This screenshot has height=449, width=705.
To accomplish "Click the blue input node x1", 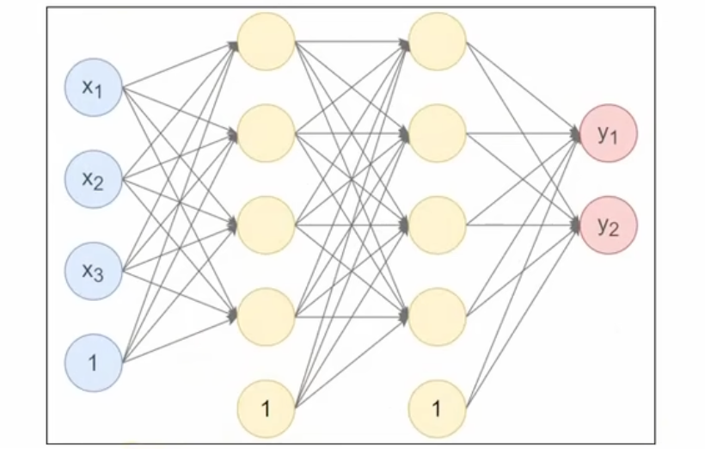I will pos(94,87).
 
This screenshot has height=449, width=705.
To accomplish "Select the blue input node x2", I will pos(94,179).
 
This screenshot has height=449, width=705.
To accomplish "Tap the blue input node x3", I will pos(94,272).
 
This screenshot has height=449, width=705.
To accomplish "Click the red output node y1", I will pos(609,134).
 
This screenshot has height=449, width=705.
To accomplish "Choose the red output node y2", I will pos(609,226).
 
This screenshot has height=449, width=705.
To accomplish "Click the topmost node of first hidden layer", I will pos(266,40).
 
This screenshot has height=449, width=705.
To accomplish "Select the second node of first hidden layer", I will pos(266,132).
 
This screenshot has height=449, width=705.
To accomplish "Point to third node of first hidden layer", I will pos(266,225).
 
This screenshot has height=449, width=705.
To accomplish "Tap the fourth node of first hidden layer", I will pos(266,317).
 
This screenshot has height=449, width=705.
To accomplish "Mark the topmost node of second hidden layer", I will pos(438,40).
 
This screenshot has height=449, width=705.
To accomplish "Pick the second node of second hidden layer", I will pos(438,132).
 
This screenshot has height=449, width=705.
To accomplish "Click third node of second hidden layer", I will pos(438,225).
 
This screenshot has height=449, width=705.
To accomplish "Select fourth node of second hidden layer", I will pos(438,317).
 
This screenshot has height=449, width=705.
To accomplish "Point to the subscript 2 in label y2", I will pos(614,230).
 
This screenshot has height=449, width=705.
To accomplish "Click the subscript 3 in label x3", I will pos(99,275).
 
